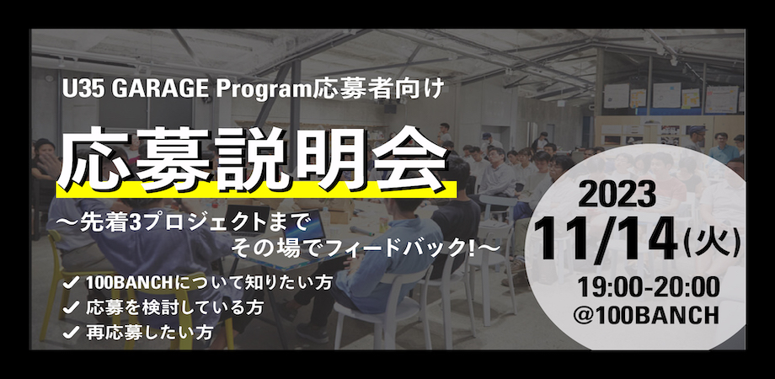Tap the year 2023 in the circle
(617, 195)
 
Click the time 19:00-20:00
(649, 288)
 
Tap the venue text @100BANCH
(646, 315)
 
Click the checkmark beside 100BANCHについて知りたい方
(72, 284)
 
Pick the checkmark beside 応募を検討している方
(72, 308)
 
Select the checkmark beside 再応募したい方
(72, 332)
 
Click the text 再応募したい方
(150, 332)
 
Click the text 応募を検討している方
(174, 308)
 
